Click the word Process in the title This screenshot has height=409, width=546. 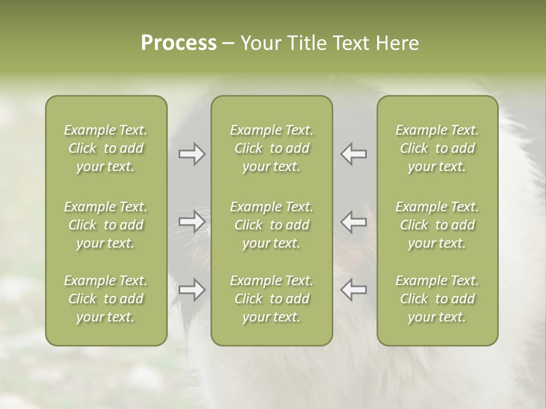pyautogui.click(x=179, y=43)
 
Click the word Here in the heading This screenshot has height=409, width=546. pyautogui.click(x=398, y=43)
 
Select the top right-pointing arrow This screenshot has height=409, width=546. pyautogui.click(x=192, y=154)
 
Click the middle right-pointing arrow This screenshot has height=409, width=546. pyautogui.click(x=192, y=222)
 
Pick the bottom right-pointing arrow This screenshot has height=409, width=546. pyautogui.click(x=192, y=290)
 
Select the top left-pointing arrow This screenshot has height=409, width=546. pyautogui.click(x=354, y=154)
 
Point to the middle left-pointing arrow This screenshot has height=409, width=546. pyautogui.click(x=354, y=222)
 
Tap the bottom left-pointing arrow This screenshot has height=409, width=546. pyautogui.click(x=354, y=290)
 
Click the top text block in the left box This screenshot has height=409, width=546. pyautogui.click(x=106, y=148)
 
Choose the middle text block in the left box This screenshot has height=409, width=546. pyautogui.click(x=106, y=225)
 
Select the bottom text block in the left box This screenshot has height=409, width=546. pyautogui.click(x=106, y=299)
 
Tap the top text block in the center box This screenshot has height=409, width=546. pyautogui.click(x=272, y=148)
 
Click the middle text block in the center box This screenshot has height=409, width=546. pyautogui.click(x=272, y=225)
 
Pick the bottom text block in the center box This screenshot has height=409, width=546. pyautogui.click(x=272, y=299)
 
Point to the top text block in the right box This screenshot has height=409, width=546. pyautogui.click(x=437, y=148)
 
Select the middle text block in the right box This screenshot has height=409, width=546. pyautogui.click(x=437, y=225)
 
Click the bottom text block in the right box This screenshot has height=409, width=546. pyautogui.click(x=437, y=299)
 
